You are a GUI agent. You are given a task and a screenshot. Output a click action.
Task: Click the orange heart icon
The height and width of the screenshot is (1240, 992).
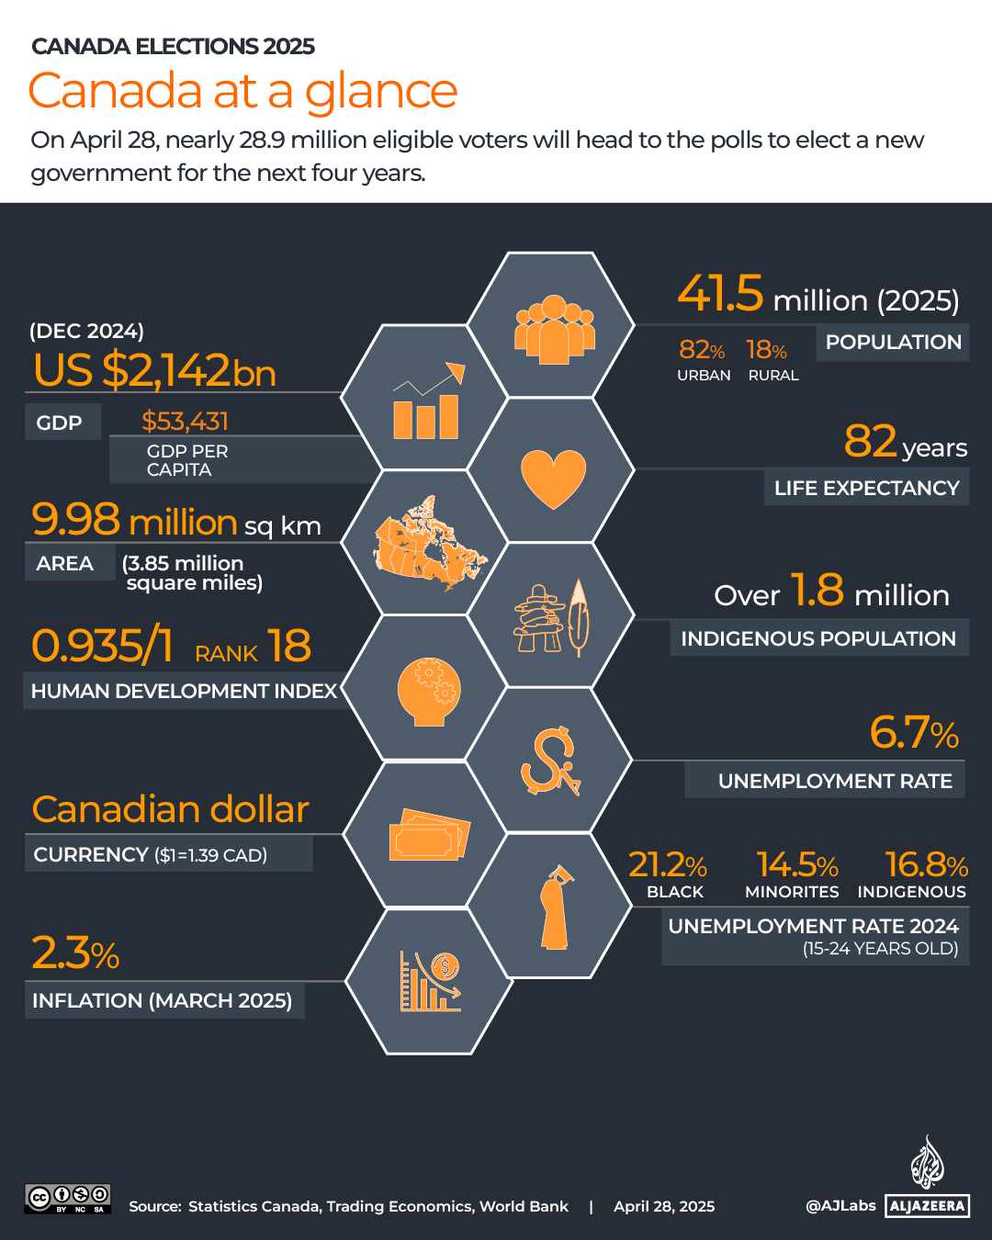pos(553,478)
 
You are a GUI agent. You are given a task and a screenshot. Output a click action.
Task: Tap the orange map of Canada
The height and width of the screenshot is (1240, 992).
pos(427,544)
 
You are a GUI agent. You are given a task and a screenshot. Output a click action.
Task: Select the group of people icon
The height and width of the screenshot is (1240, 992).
pos(553,329)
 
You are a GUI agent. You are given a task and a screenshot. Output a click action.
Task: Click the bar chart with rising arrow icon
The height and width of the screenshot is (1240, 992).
pos(427,402)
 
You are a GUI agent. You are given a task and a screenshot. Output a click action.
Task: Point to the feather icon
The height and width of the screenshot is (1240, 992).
pos(578,617)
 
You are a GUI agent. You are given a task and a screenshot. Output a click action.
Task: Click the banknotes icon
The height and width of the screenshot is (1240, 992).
pos(429,835)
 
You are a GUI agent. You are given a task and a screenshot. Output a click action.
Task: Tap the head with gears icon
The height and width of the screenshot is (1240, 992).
pos(428,692)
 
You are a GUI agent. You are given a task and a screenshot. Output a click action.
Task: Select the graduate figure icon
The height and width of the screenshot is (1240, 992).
pos(556,907)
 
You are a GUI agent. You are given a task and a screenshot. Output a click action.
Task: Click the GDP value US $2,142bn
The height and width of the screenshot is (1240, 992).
pos(154,370)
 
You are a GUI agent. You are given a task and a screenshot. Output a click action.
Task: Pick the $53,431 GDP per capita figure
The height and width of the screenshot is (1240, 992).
pos(185,422)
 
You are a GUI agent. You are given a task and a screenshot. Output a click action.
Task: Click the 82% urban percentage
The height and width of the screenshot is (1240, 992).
pos(702,350)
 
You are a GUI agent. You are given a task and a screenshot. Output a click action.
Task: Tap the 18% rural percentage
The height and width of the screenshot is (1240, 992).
pos(766,350)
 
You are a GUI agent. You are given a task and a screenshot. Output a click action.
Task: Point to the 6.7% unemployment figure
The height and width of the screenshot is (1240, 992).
pos(913,733)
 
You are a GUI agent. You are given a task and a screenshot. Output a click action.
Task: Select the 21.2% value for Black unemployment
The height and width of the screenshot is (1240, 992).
pos(668,865)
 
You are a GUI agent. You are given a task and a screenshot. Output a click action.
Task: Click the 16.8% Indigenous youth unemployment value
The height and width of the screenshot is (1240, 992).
pos(926,865)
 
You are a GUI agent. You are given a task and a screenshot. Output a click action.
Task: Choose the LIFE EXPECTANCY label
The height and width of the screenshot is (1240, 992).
pos(866,489)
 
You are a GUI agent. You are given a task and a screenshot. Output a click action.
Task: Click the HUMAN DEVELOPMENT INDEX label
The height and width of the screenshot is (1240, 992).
pos(184,691)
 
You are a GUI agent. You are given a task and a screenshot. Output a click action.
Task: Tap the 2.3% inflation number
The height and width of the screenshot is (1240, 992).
pos(75,953)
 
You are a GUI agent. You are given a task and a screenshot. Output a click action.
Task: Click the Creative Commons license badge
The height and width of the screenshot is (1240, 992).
pos(68,1199)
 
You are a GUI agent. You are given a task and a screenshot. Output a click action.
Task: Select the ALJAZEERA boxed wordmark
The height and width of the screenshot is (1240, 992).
pos(928,1206)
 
